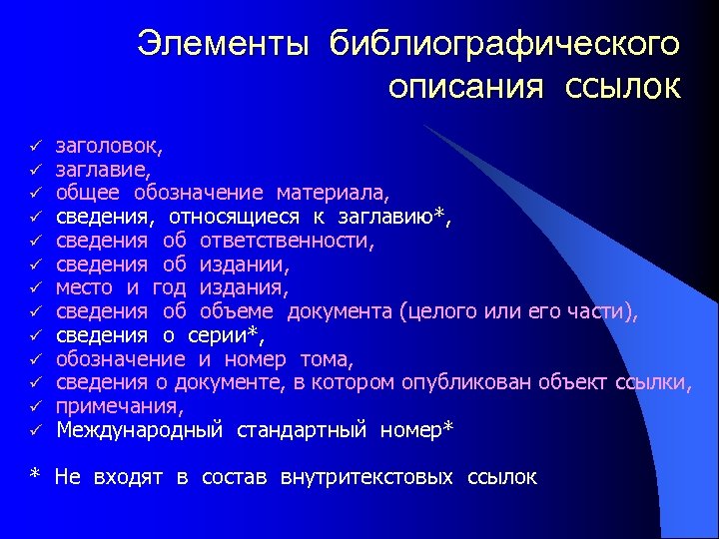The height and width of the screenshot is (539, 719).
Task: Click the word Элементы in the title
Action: pos(224,43)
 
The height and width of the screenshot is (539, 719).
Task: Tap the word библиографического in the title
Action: pos(504,43)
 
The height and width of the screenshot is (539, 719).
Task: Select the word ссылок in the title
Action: pos(623,88)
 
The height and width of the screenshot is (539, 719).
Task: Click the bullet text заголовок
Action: pos(110,145)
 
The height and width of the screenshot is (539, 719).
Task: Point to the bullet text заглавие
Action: pos(103,169)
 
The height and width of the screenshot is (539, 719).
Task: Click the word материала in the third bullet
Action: pos(334,192)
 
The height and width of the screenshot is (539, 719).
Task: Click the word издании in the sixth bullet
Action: pos(245,264)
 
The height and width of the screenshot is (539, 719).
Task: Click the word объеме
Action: pos(244,311)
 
